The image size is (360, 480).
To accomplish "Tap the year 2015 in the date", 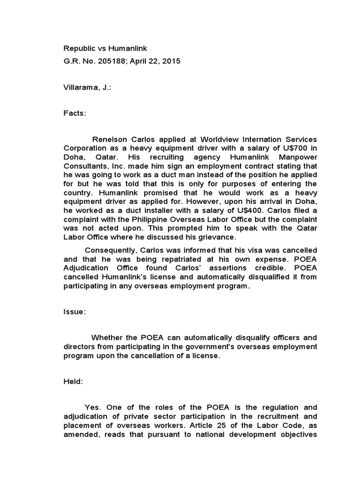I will [x=171, y=61].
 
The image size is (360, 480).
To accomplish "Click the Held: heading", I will [x=73, y=382].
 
